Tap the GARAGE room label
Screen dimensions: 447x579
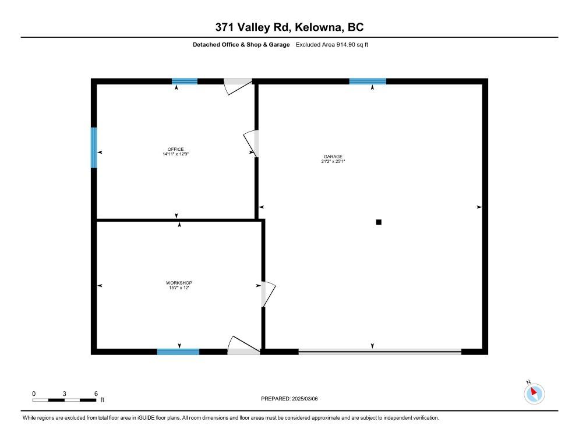click(x=333, y=156)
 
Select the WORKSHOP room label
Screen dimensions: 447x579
click(x=179, y=283)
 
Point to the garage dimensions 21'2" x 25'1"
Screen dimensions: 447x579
click(x=333, y=161)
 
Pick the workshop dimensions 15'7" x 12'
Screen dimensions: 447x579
click(x=179, y=288)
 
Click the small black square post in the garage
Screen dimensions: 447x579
click(x=379, y=222)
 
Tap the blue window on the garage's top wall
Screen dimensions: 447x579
click(x=368, y=81)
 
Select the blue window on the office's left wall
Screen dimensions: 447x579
click(x=94, y=148)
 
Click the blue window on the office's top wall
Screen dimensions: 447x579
click(x=185, y=81)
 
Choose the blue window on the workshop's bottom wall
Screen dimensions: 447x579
click(x=178, y=352)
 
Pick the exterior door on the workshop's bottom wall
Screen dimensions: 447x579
click(x=243, y=347)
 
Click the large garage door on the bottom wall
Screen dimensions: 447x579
click(x=380, y=352)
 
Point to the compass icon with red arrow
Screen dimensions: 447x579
click(x=534, y=393)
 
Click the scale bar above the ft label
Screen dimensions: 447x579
click(x=64, y=400)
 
